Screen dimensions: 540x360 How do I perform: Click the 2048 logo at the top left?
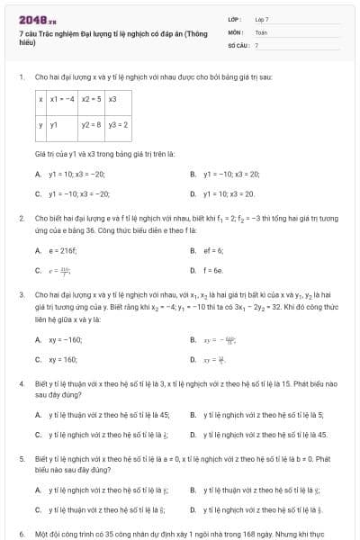[31, 19]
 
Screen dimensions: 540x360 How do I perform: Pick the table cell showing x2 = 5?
[92, 99]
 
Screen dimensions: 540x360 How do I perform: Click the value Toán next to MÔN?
[260, 31]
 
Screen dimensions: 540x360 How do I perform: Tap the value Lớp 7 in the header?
[262, 19]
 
